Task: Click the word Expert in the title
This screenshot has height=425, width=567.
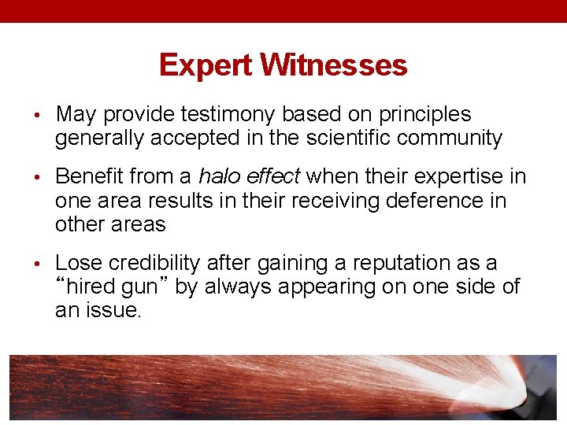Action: tap(206, 65)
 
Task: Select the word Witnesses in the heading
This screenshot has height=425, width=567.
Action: tap(334, 65)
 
